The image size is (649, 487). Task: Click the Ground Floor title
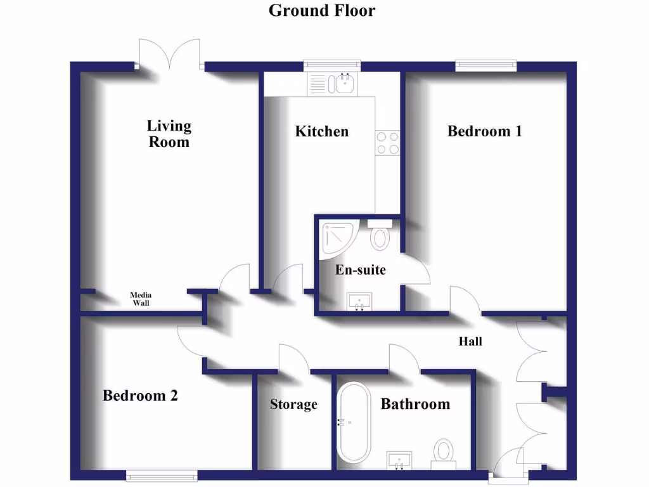pos(321,11)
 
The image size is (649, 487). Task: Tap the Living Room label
pos(169,134)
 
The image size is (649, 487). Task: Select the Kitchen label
pos(322,131)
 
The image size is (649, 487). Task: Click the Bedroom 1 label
pos(485,131)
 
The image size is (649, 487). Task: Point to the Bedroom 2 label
pos(140,396)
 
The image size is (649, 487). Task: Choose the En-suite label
pos(360,269)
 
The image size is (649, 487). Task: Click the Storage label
pos(293,405)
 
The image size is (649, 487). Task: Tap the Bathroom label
pos(415,404)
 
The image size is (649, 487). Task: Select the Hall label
pos(470,341)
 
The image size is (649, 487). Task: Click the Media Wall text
pos(141,299)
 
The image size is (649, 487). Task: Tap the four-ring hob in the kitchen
pos(387,143)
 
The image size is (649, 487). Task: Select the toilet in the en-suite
pos(380,235)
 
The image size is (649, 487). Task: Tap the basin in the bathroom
pos(399,459)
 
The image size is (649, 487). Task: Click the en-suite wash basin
pos(360,301)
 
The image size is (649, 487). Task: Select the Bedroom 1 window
pos(485,65)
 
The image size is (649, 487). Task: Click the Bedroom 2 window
pos(161,475)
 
